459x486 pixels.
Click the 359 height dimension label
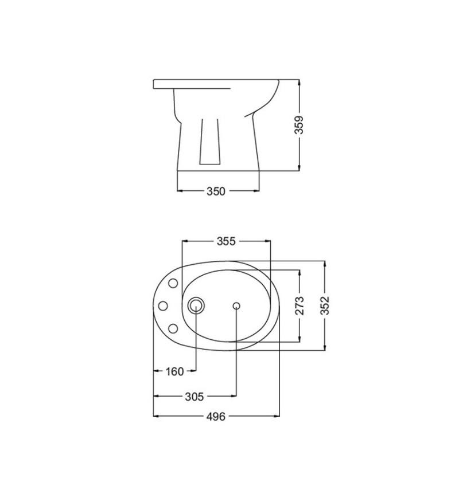[299, 125]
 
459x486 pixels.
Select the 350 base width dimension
[216, 191]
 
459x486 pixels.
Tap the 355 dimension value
[226, 241]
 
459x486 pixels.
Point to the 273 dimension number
[299, 305]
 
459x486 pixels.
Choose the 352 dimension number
[325, 305]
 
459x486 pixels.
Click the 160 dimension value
[175, 371]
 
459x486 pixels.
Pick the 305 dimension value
[195, 397]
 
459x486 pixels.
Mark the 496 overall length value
[216, 417]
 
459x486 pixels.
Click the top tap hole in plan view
[173, 283]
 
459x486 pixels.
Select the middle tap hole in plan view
[163, 306]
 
